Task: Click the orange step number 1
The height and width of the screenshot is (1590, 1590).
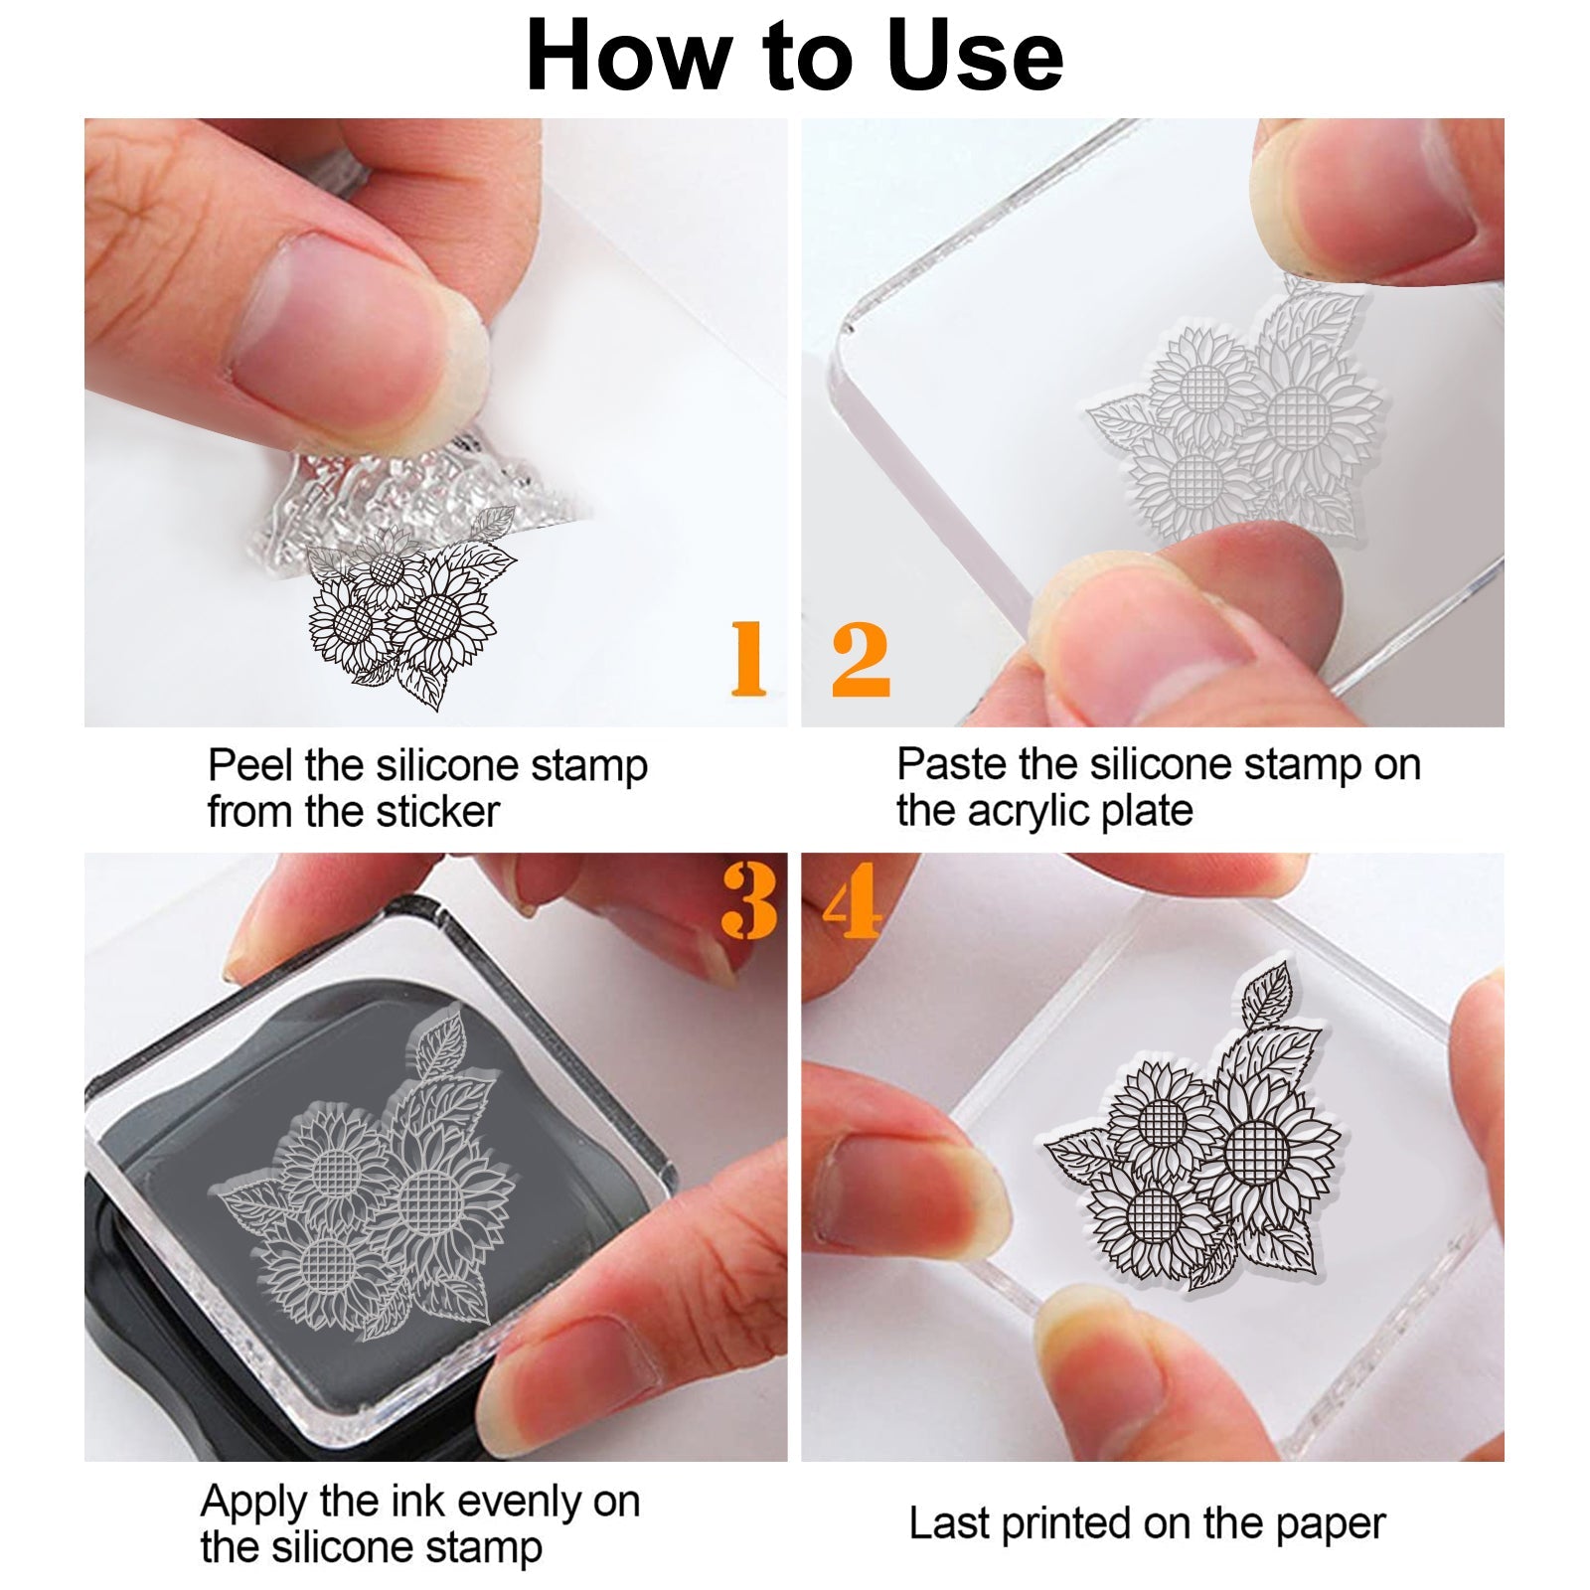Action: [748, 658]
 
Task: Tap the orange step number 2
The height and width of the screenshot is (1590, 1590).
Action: [861, 658]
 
